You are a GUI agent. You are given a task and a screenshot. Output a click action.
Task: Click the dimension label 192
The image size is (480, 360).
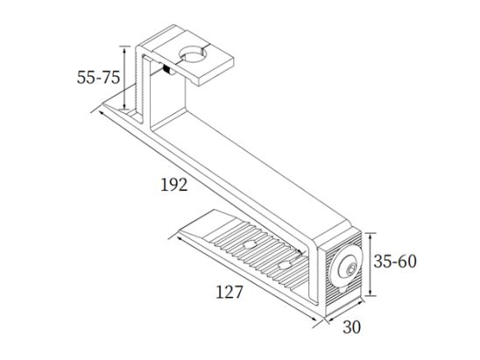pyautogui.click(x=174, y=185)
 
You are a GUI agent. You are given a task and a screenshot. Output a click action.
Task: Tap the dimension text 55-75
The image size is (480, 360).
pyautogui.click(x=98, y=77)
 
